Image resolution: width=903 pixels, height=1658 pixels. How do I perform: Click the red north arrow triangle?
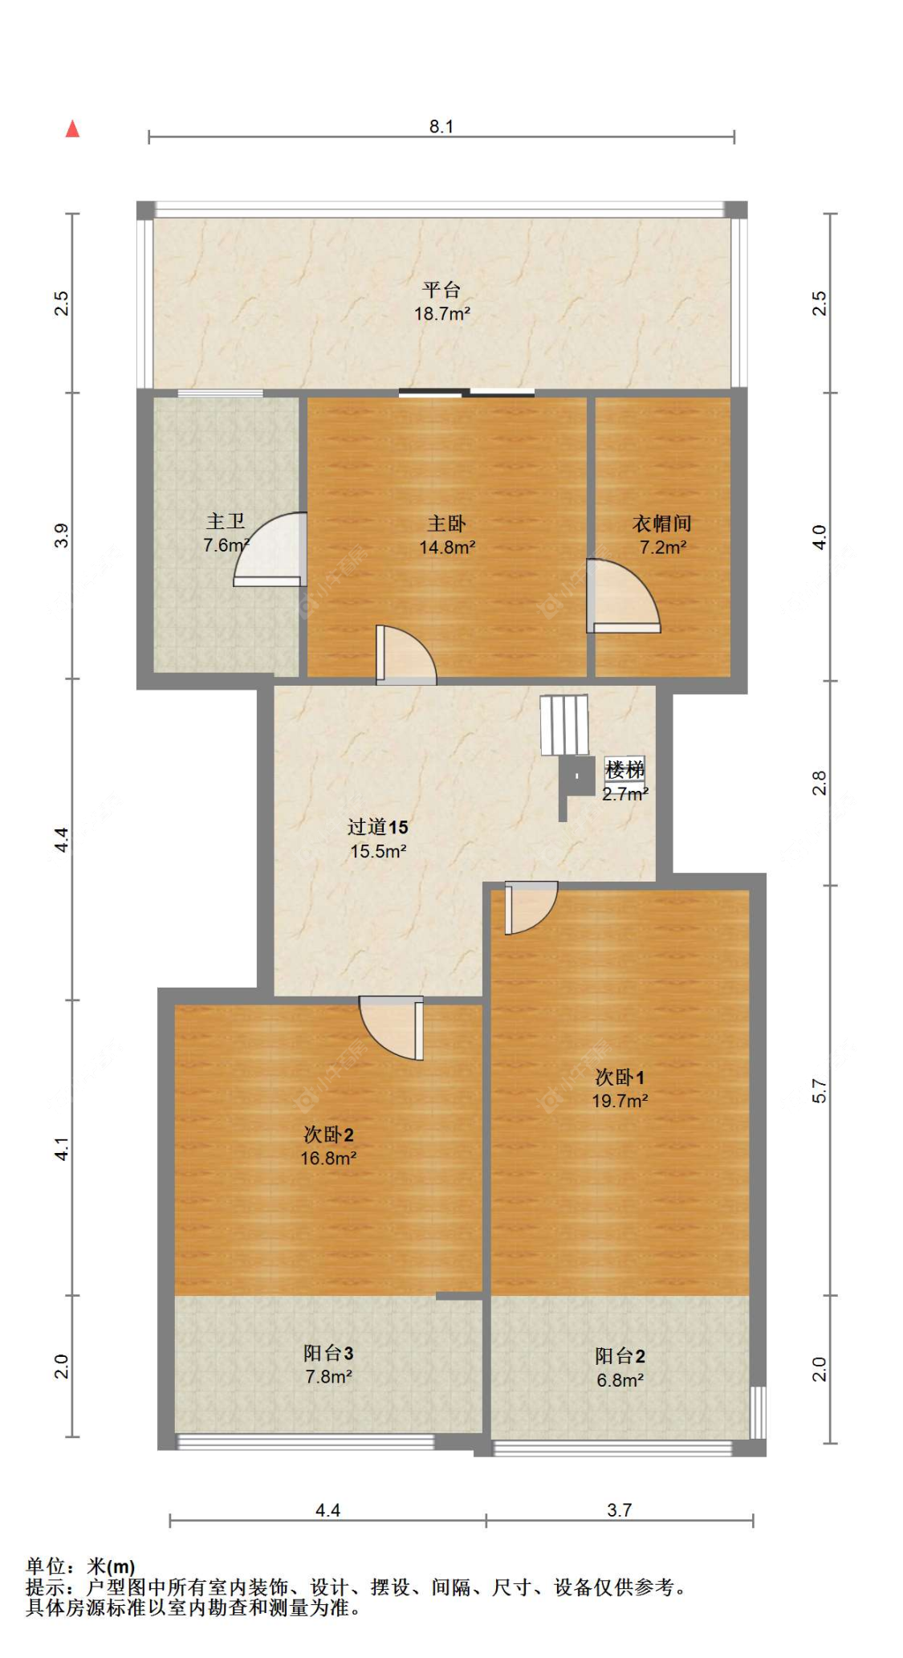(72, 128)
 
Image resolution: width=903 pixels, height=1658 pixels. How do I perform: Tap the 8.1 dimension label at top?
(441, 126)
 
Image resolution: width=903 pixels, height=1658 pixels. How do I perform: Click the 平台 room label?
(441, 289)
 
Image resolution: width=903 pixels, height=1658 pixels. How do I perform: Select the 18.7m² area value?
(441, 314)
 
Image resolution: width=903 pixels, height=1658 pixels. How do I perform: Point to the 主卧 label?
(446, 523)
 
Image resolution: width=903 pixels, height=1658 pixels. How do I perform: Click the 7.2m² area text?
(662, 548)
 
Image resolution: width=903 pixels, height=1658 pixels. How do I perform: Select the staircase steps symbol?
(564, 724)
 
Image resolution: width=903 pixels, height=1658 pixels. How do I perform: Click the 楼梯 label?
(624, 769)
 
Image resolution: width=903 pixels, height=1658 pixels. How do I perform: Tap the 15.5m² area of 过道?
(378, 851)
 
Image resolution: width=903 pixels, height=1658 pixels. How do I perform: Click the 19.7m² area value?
(620, 1101)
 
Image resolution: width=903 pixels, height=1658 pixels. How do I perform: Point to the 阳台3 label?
(328, 1353)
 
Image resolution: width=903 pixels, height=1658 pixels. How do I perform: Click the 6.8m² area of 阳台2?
(620, 1380)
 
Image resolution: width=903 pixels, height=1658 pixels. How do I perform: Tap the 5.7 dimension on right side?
(819, 1090)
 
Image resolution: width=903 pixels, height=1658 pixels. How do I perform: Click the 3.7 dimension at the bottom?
(619, 1510)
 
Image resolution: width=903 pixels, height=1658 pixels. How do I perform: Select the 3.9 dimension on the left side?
(62, 536)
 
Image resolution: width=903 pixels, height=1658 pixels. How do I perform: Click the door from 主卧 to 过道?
(406, 654)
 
